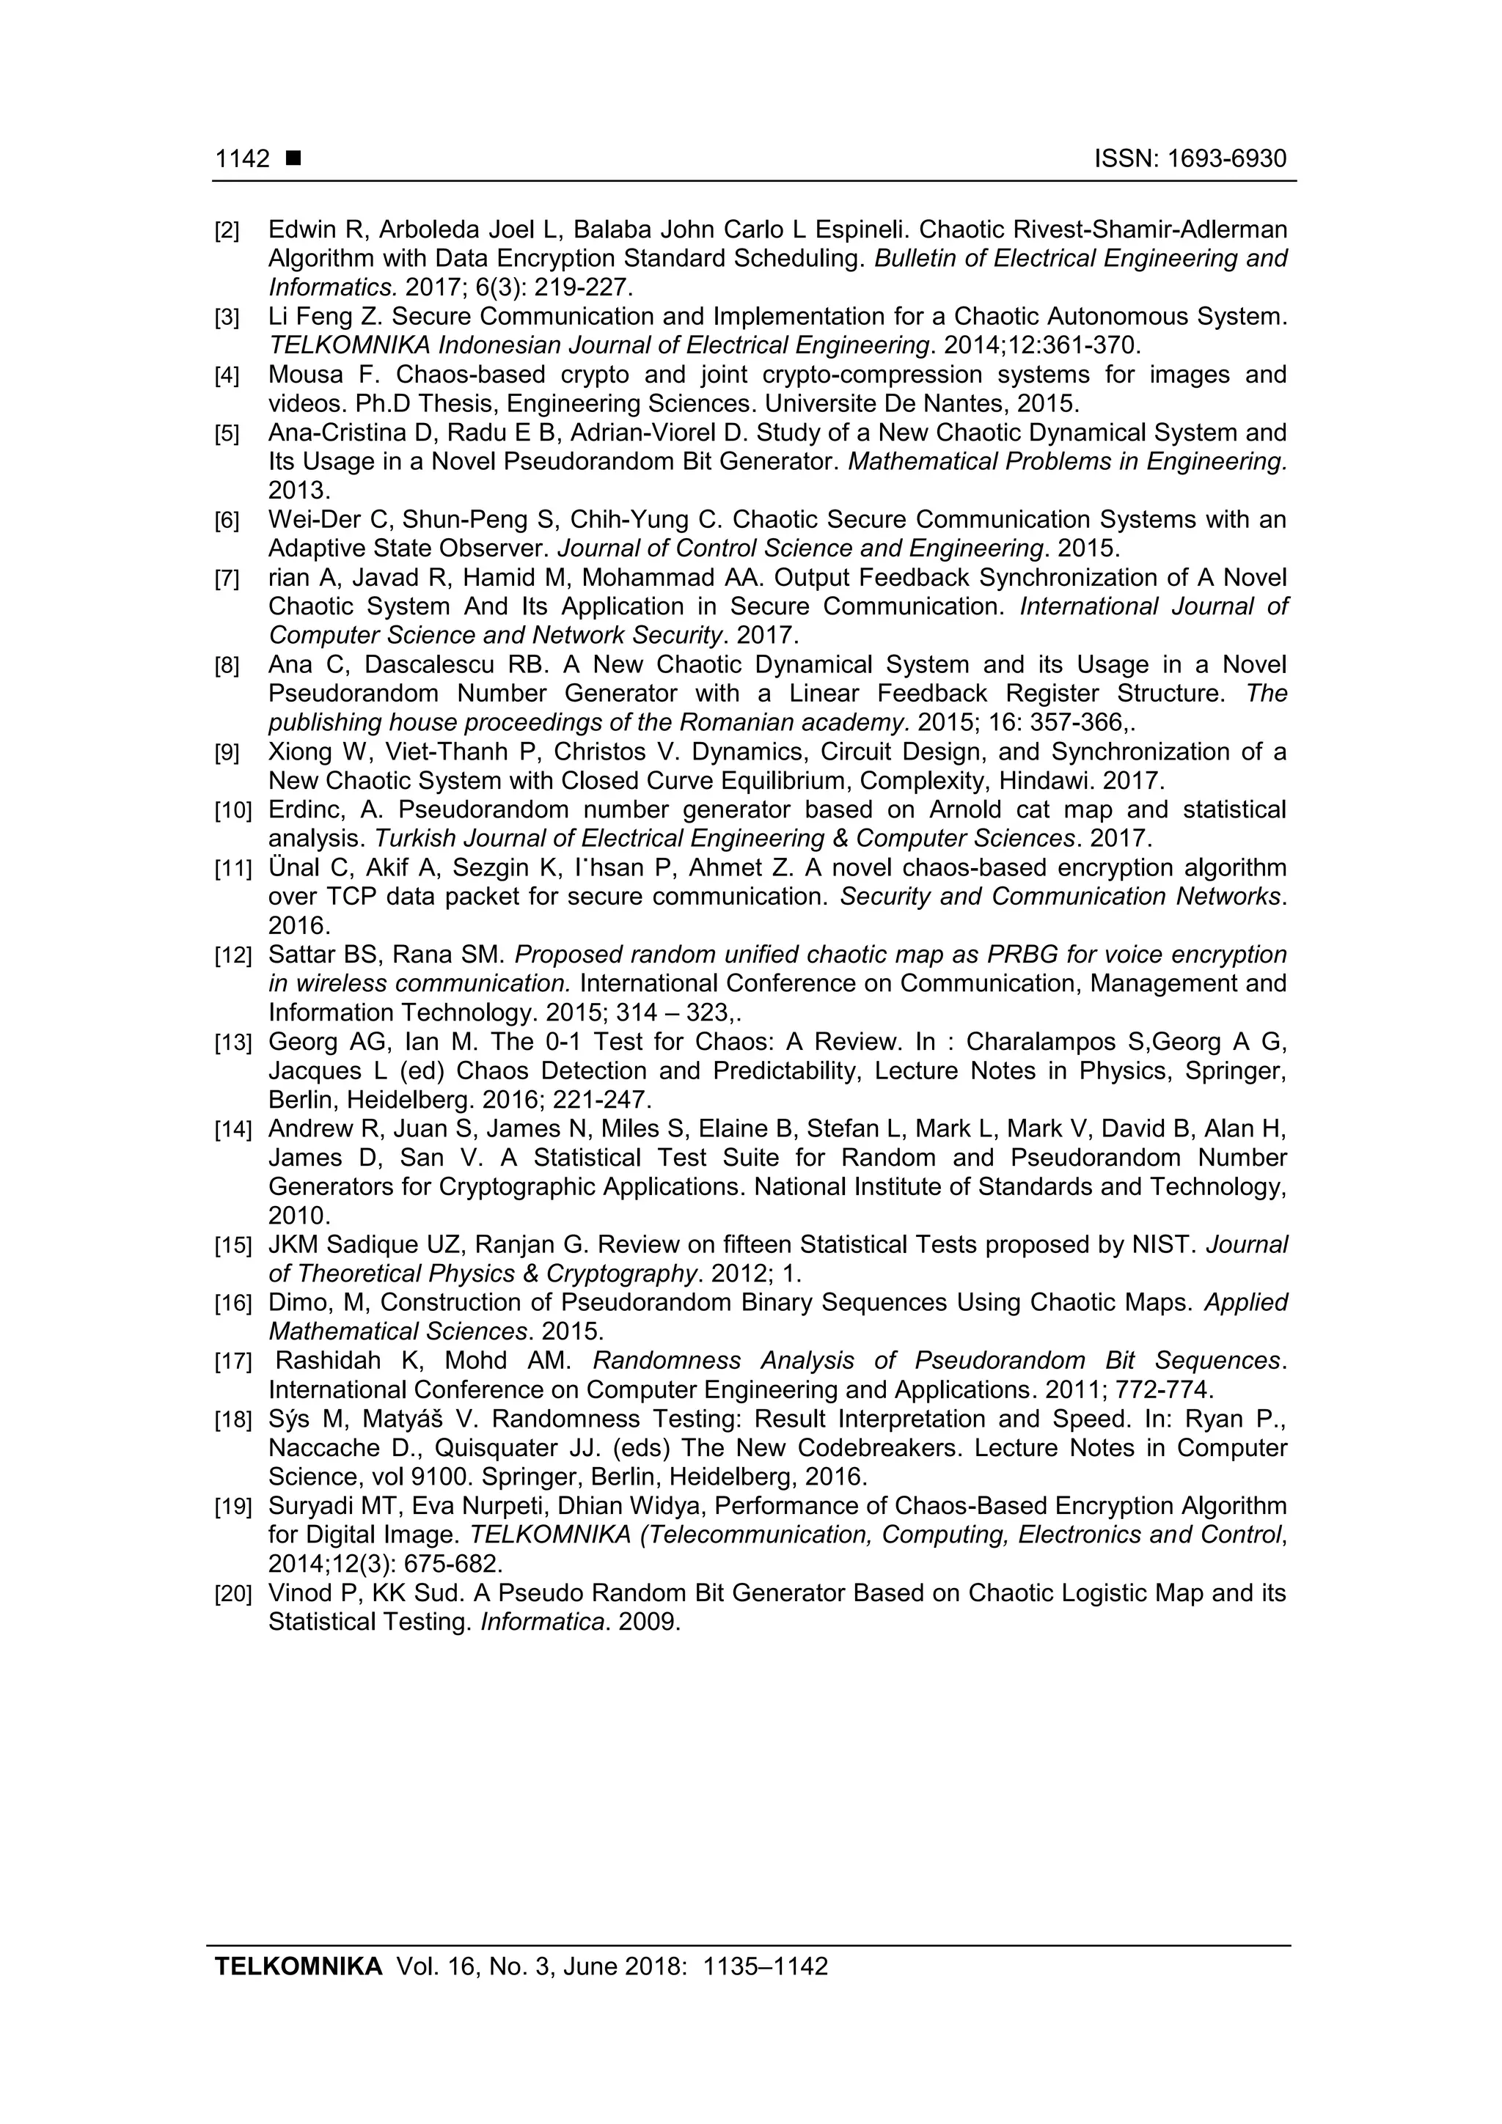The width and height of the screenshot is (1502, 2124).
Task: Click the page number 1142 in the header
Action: tap(241, 159)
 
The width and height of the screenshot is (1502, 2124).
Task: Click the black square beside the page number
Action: tap(293, 159)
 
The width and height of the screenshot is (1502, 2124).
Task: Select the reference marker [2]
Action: tap(227, 230)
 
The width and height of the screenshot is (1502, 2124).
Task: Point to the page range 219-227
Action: tap(583, 287)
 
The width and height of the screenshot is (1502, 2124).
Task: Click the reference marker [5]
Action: tap(227, 434)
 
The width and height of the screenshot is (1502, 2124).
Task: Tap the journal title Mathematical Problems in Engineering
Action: tap(1066, 462)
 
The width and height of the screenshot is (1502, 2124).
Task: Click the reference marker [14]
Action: tap(232, 1131)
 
